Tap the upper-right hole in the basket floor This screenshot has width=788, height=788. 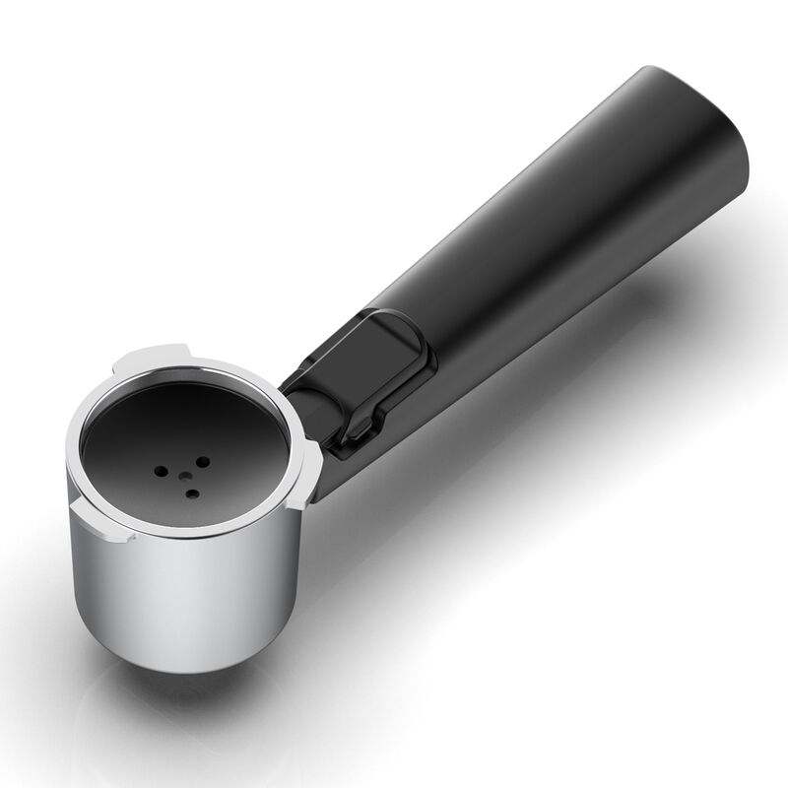coord(202,460)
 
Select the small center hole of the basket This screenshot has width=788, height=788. coord(183,474)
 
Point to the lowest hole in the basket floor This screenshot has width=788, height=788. coord(193,492)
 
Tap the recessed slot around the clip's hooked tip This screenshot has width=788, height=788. coord(340,448)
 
